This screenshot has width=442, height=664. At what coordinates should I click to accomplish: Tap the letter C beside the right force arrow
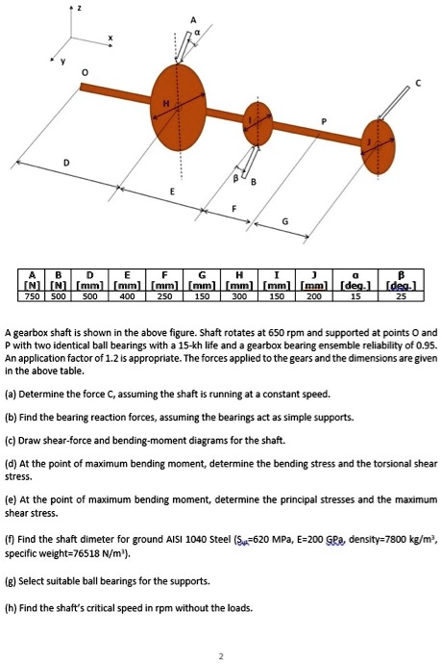pos(419,84)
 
